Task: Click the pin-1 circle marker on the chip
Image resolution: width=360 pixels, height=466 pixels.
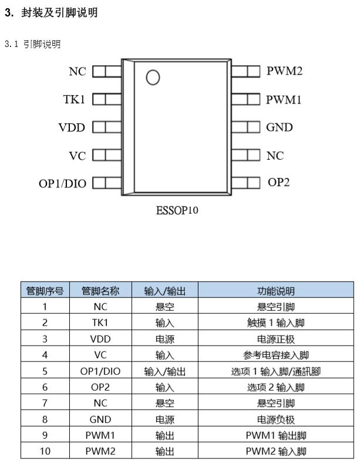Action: [x=153, y=77]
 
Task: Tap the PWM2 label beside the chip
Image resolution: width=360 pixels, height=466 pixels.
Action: [x=284, y=71]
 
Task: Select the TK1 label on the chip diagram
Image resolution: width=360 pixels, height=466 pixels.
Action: [x=74, y=99]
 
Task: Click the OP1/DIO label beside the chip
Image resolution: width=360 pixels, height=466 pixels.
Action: [x=62, y=184]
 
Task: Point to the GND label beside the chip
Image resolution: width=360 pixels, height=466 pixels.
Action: [x=279, y=127]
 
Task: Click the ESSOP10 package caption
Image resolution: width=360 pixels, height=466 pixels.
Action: [x=177, y=210]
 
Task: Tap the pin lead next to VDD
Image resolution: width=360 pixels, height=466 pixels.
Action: [x=107, y=127]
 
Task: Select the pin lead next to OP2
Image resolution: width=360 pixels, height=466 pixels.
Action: [x=245, y=183]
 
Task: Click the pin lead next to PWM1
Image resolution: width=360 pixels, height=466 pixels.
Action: [x=245, y=99]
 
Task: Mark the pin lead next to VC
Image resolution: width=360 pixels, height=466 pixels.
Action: [x=107, y=155]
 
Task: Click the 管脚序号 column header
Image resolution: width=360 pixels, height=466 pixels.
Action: [x=45, y=290]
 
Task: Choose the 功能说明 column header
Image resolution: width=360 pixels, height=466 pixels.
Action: [x=276, y=290]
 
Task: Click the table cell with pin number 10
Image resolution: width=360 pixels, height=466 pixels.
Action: [x=45, y=451]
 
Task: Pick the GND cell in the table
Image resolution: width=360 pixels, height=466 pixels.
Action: [x=100, y=420]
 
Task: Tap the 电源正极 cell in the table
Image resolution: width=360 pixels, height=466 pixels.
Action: [x=276, y=339]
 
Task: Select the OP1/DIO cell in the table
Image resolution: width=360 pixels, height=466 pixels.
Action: [x=100, y=371]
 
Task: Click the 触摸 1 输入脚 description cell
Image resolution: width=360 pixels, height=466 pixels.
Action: [x=276, y=323]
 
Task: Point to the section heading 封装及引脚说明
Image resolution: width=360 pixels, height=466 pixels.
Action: [x=59, y=12]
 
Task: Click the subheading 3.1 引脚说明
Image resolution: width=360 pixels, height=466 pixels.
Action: [x=33, y=44]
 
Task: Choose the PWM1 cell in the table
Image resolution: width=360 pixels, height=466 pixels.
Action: [x=100, y=435]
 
